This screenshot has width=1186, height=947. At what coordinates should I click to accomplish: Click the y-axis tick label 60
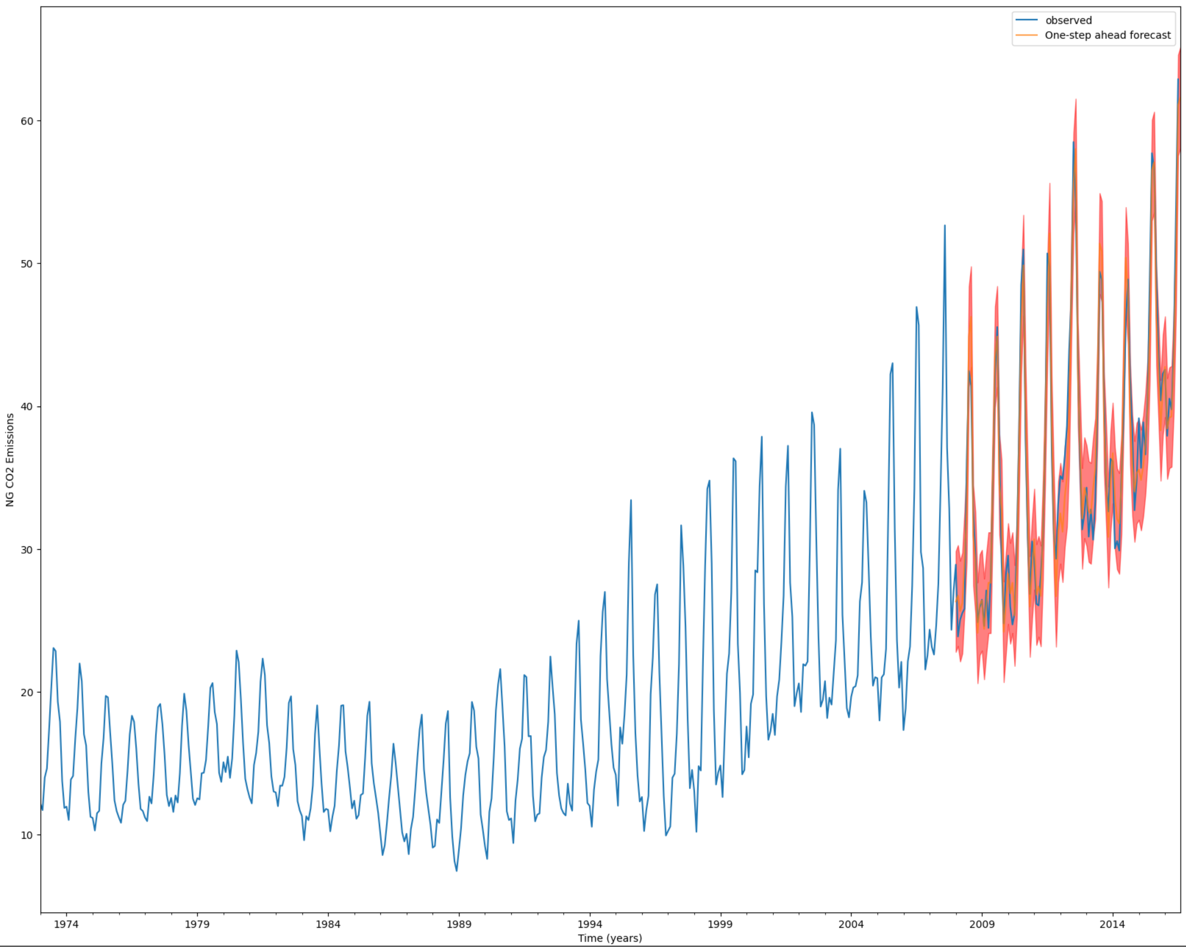point(27,121)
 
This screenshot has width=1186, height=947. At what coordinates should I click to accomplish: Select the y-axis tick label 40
point(27,407)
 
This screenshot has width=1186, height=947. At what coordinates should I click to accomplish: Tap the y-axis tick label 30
point(27,550)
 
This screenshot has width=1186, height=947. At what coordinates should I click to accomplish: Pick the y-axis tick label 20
point(27,692)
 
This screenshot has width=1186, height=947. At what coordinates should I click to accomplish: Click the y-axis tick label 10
point(27,835)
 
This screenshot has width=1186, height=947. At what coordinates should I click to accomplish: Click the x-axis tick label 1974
point(66,924)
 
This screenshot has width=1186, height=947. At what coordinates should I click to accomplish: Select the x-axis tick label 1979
point(197,924)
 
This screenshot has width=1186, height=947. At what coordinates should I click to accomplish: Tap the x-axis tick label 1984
point(328,924)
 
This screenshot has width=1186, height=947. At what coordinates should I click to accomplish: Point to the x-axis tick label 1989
point(459,924)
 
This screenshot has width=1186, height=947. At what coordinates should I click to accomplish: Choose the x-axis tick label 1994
point(589,924)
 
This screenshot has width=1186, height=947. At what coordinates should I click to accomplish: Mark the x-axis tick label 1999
point(720,924)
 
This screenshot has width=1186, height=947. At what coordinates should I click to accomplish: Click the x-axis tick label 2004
point(851,924)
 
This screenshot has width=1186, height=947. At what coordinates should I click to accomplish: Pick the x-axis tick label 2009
point(982,924)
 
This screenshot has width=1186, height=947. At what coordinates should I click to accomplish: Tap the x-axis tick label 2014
point(1112,924)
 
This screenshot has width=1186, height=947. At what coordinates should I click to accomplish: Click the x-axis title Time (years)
point(609,938)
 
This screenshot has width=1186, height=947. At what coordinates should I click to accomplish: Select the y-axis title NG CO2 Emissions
point(10,460)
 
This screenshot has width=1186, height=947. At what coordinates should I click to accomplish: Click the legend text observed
point(1068,21)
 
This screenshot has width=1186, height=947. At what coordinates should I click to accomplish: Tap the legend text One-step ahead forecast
point(1108,35)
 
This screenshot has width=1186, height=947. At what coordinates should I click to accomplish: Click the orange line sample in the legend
point(1027,35)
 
